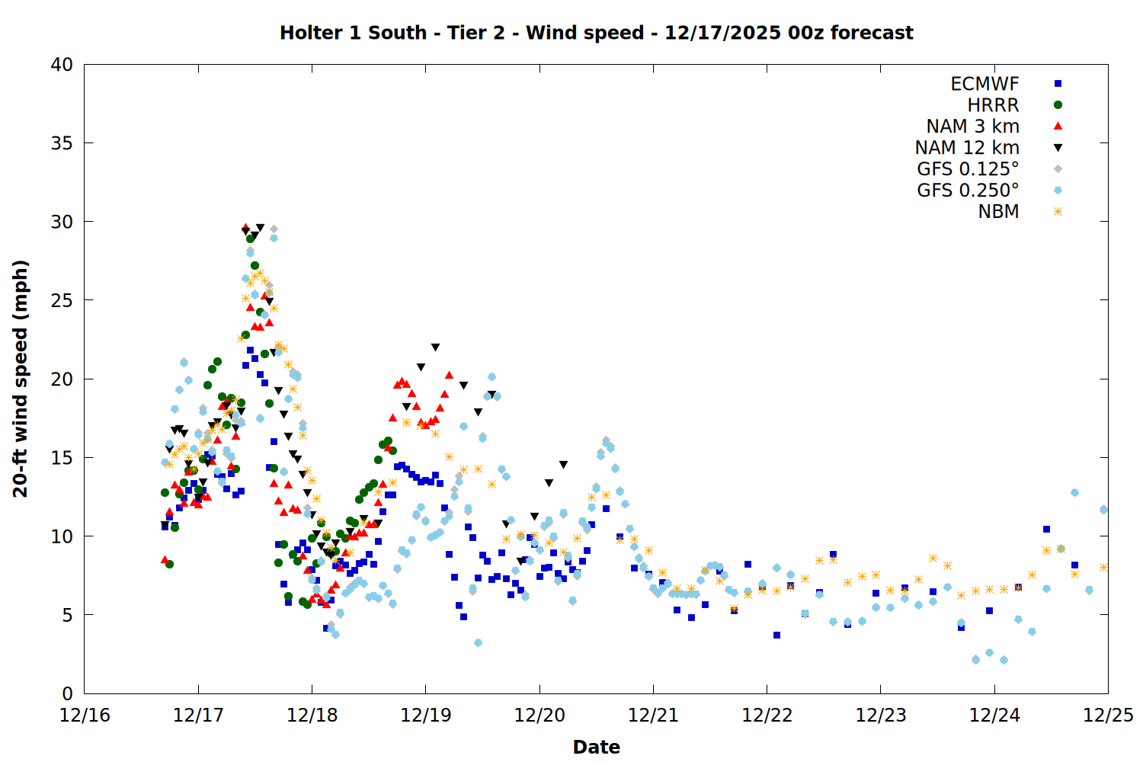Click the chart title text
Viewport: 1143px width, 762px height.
pyautogui.click(x=596, y=33)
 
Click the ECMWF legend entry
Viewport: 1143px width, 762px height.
pyautogui.click(x=985, y=84)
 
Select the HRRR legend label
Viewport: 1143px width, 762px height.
pyautogui.click(x=993, y=105)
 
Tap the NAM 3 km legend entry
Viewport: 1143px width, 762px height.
pyautogui.click(x=972, y=126)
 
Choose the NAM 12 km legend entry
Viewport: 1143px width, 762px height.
pyautogui.click(x=967, y=148)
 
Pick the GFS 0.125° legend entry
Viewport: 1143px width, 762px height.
pyautogui.click(x=968, y=169)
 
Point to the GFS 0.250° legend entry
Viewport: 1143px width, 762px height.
pyautogui.click(x=968, y=190)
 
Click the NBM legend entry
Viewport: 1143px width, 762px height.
pyautogui.click(x=998, y=212)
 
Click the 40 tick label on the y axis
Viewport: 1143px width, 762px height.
pyautogui.click(x=62, y=65)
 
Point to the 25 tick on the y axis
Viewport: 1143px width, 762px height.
pyautogui.click(x=62, y=300)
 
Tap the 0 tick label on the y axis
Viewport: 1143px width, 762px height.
pyautogui.click(x=67, y=693)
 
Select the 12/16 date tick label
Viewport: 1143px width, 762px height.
pyautogui.click(x=85, y=716)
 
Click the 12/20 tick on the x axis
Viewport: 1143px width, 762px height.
pyautogui.click(x=539, y=716)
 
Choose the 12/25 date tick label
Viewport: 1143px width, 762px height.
pyautogui.click(x=1108, y=716)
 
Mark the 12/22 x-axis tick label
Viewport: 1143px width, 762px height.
pyautogui.click(x=767, y=716)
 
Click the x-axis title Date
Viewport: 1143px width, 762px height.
pyautogui.click(x=596, y=747)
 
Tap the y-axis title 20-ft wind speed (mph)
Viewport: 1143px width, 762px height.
pyautogui.click(x=21, y=379)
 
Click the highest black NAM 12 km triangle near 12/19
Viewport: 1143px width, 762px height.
pyautogui.click(x=435, y=347)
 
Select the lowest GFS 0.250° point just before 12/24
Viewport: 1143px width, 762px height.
pyautogui.click(x=975, y=660)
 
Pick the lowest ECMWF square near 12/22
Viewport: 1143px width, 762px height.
pyautogui.click(x=776, y=635)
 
